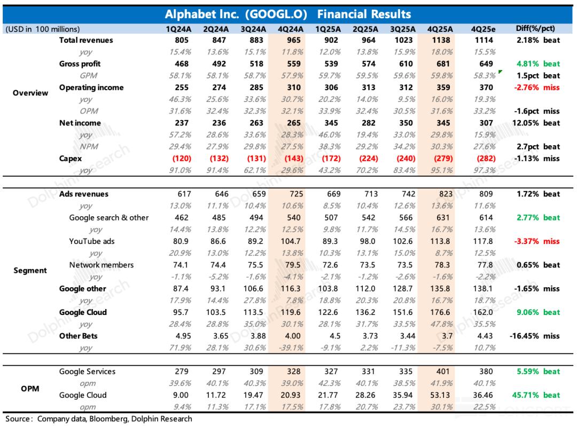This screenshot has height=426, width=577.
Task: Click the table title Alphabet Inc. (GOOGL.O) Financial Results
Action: [287, 14]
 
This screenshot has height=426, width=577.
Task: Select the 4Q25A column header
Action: [440, 29]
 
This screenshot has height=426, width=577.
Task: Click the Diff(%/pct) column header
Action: [537, 29]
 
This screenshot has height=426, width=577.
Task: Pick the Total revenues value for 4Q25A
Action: [441, 40]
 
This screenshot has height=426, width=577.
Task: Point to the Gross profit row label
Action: [80, 64]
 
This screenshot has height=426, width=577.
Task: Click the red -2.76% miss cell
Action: [537, 88]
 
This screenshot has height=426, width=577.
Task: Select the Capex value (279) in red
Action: [441, 159]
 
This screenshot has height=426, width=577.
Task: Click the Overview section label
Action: [30, 93]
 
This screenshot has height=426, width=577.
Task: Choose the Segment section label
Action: [30, 270]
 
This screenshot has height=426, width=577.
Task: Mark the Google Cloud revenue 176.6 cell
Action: [441, 312]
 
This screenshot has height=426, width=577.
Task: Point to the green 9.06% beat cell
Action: [538, 312]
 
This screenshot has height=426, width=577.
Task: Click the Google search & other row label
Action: [109, 218]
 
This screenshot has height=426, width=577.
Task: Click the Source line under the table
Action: [99, 419]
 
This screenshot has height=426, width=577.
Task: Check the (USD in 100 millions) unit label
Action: [43, 29]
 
